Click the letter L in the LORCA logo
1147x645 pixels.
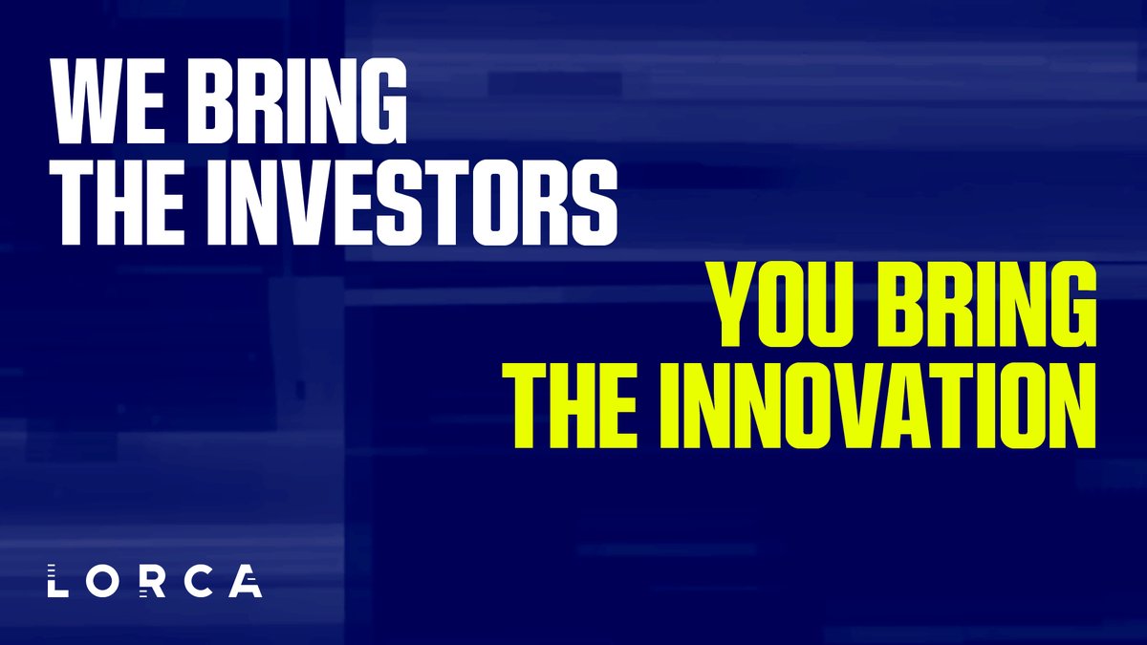pos(54,580)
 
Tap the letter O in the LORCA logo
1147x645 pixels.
pos(101,580)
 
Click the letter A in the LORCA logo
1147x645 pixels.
pos(246,580)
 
